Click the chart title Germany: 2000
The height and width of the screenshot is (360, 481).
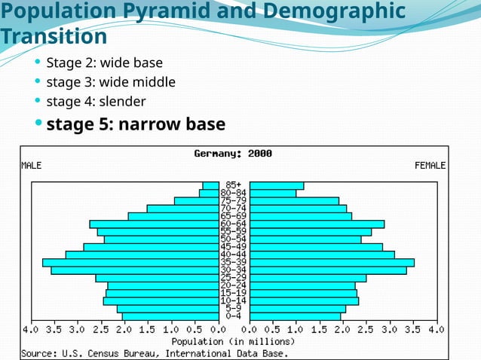(x=233, y=154)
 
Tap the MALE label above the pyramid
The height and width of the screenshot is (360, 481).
(x=32, y=165)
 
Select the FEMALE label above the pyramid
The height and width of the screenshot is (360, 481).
(x=430, y=165)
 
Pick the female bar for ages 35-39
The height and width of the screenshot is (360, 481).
(x=332, y=262)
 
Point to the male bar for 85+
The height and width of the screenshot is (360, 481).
(x=210, y=185)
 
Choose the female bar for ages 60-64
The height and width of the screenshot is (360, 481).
(x=317, y=224)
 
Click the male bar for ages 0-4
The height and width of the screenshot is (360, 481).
(x=170, y=316)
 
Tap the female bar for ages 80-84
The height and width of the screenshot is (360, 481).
(x=273, y=194)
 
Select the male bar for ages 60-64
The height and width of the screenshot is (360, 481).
(x=154, y=224)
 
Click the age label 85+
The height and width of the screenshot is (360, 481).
(x=234, y=185)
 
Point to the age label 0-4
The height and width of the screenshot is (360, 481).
(x=234, y=316)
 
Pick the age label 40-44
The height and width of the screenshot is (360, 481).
(x=234, y=255)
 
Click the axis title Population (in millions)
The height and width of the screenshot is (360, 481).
(x=234, y=341)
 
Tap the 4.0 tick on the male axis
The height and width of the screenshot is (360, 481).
(x=30, y=330)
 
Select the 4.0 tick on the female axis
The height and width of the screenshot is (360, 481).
(x=437, y=330)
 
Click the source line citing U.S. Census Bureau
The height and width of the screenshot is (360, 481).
(x=155, y=352)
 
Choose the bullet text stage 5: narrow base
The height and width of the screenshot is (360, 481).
(x=136, y=123)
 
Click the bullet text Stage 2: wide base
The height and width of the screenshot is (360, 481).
(x=104, y=62)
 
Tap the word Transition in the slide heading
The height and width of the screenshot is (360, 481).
(x=54, y=36)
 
